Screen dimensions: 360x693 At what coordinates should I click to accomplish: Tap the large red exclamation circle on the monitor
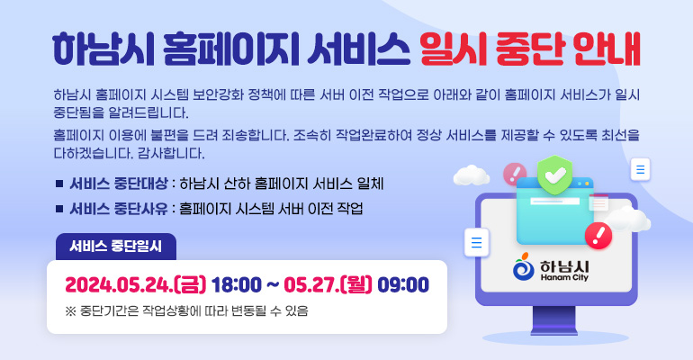[x=598, y=236]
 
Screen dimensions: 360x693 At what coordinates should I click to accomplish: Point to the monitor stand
[x=558, y=317]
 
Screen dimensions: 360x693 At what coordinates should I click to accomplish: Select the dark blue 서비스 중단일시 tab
[x=115, y=246]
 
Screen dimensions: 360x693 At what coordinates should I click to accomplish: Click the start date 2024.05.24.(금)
[x=135, y=285]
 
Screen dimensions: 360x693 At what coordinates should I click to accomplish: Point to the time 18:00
[x=237, y=285]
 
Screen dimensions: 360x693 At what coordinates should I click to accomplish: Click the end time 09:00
[x=403, y=285]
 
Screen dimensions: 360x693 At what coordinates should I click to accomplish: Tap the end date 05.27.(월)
[x=328, y=285]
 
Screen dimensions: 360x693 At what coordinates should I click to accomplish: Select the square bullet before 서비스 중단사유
[x=58, y=210]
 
